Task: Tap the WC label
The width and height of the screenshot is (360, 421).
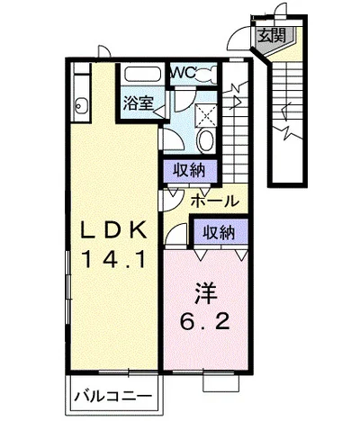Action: pos(183,72)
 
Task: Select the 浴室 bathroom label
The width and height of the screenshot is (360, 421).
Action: pos(139,103)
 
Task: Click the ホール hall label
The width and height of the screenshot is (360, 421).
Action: pos(215,201)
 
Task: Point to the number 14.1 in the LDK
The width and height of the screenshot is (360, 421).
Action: pos(113,259)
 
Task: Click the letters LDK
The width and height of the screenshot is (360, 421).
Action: pos(114,230)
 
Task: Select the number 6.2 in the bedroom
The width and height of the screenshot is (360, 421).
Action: pos(205,321)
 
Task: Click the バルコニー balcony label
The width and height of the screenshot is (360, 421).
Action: pos(113,397)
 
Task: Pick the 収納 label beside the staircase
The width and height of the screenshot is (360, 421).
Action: pos(190,171)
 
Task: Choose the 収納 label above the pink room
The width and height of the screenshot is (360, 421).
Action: pos(219,232)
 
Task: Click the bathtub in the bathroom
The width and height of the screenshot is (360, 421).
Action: pos(142,74)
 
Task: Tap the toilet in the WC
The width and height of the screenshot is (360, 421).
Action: pos(206,74)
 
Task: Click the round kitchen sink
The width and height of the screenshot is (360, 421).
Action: pos(81,106)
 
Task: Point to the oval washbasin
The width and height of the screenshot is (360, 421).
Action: pos(206,140)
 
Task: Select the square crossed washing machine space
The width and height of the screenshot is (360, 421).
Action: pos(206,115)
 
